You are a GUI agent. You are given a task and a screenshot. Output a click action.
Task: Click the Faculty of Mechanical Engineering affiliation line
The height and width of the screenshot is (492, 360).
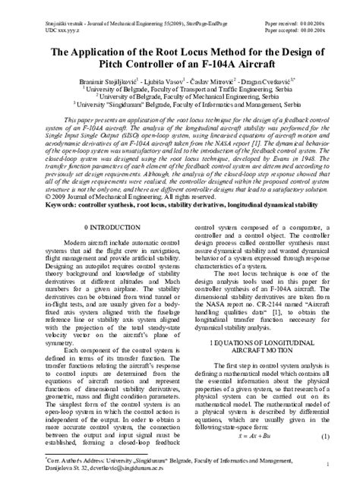pyautogui.click(x=180, y=96)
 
